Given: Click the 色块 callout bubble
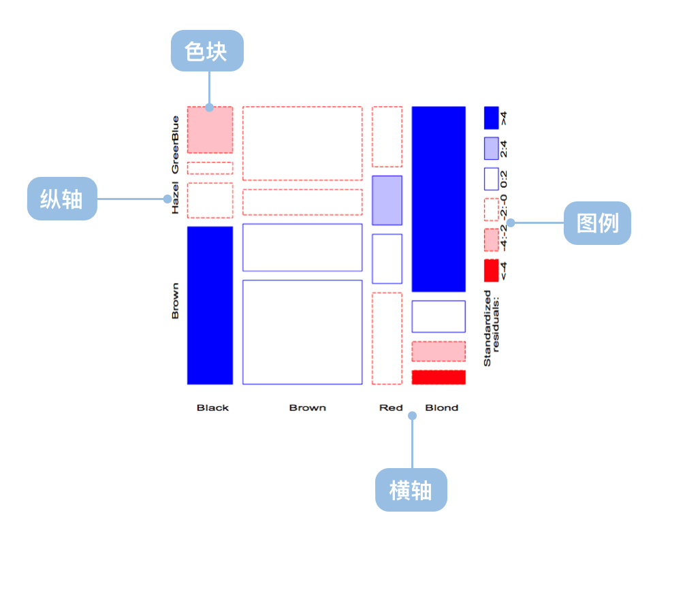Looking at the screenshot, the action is click(x=207, y=50).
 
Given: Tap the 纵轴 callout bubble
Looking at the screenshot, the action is click(x=62, y=199).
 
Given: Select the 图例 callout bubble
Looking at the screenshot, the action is click(x=597, y=223).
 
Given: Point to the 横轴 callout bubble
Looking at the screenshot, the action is click(x=411, y=490).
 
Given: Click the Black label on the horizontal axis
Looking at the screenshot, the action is click(x=212, y=408).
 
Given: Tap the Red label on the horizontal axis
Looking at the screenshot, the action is click(x=391, y=408).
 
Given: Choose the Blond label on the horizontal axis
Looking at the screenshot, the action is click(x=442, y=408).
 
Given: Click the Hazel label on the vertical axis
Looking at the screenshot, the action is click(x=175, y=198).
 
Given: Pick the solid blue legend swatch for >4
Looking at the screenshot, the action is click(x=491, y=118).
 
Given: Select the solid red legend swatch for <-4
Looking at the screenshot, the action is click(x=491, y=271).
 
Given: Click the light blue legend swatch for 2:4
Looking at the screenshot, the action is click(x=491, y=148).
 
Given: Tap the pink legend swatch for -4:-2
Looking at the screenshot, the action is click(x=491, y=240).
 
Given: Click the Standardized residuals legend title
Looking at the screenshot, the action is click(x=491, y=329).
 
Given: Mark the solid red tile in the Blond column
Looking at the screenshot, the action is click(x=439, y=377).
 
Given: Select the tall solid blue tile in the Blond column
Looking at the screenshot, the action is click(x=439, y=199).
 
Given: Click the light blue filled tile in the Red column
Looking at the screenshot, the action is click(x=387, y=201).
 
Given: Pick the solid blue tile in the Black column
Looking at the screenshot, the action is click(x=210, y=305).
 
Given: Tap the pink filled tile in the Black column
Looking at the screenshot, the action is click(x=210, y=130).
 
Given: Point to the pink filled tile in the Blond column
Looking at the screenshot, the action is click(x=439, y=352).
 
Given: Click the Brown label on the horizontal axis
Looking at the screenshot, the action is click(x=308, y=408).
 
